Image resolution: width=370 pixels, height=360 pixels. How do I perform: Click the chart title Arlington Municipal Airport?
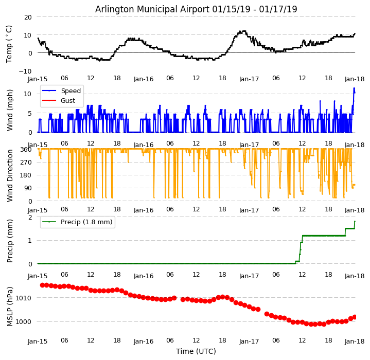click(x=196, y=9)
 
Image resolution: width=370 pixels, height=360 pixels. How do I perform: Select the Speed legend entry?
click(x=71, y=91)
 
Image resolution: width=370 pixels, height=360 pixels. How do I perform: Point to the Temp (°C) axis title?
click(x=9, y=44)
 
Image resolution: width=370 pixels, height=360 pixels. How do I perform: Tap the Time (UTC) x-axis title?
click(x=196, y=351)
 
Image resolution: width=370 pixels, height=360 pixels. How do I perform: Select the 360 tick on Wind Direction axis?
click(x=26, y=150)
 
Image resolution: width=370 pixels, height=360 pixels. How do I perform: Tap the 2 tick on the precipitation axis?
click(x=30, y=217)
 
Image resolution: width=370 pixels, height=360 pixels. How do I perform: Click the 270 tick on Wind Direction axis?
click(x=26, y=163)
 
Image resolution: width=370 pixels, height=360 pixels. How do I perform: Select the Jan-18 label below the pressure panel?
click(x=355, y=340)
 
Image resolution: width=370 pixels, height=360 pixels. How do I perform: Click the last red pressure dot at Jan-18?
click(x=355, y=317)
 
